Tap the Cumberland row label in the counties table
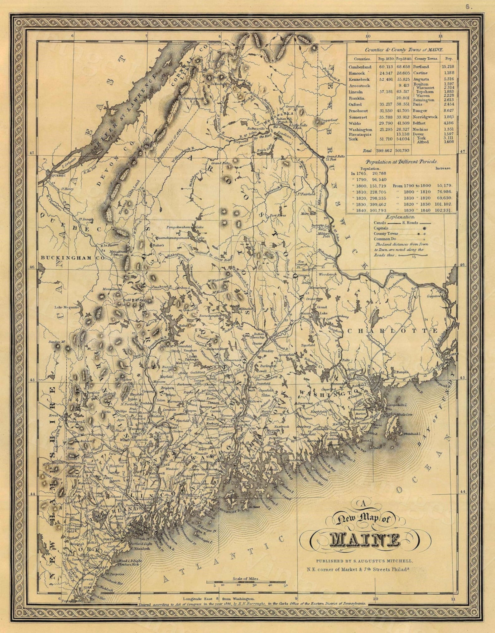point(360,67)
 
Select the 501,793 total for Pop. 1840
point(404,151)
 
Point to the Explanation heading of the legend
point(400,217)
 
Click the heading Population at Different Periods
point(401,162)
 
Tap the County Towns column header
point(426,59)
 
